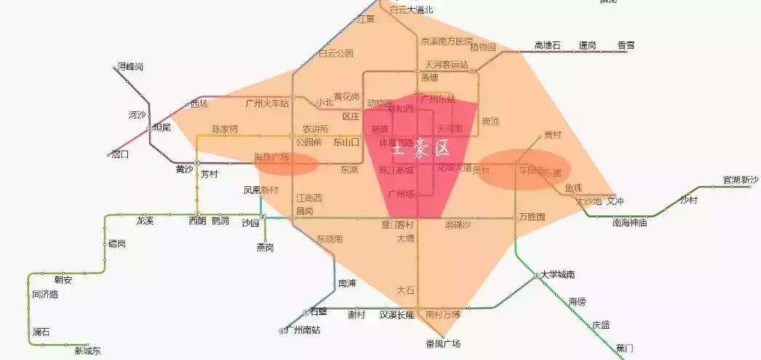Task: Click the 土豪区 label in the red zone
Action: coord(420,149)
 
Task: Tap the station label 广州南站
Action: coord(304,330)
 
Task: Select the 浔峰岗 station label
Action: coord(130,66)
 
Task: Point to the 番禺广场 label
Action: coord(443,343)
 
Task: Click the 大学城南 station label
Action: coord(558,275)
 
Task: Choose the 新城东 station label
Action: coord(88,352)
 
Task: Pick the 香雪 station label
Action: coord(626,46)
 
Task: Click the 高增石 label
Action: coord(548,46)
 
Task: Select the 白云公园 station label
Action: coord(336,53)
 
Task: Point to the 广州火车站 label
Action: coord(267,103)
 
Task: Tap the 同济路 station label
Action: coord(45,295)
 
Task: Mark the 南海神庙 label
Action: coord(630,223)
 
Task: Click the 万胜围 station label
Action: coord(532,217)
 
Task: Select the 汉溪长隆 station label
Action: coord(397,315)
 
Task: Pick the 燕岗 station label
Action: coord(265,247)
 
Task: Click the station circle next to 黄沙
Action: coord(196,163)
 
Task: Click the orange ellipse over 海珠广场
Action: coord(286,164)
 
